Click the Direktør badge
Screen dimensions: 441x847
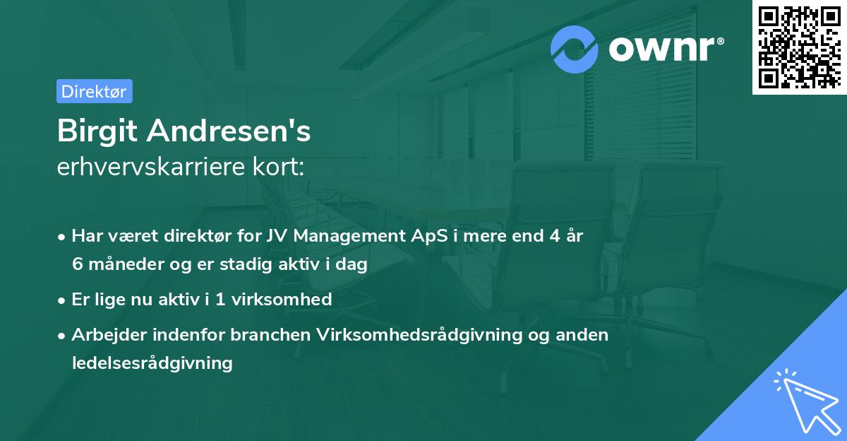[94, 91]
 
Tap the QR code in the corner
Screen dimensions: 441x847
[798, 47]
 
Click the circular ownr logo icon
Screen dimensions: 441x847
[575, 49]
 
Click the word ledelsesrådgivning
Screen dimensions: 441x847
[152, 363]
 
